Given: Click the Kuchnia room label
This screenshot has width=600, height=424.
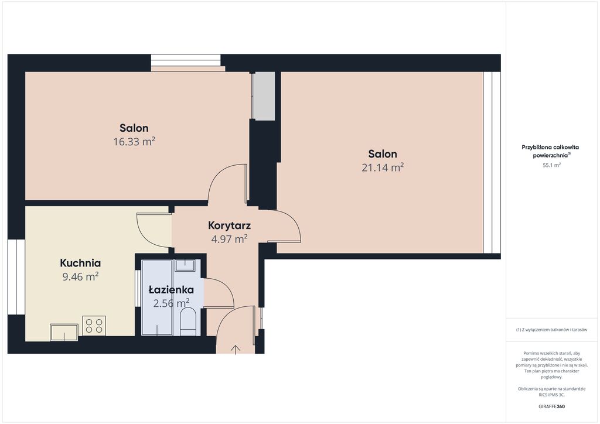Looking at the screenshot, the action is coord(80,263).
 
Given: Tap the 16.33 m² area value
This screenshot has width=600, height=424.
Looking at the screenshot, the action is coord(134,142).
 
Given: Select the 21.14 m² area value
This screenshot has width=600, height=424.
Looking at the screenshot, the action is coord(383,167).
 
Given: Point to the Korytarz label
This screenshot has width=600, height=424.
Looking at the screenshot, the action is coord(229,225).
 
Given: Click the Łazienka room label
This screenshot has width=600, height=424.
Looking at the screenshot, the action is coord(171,289).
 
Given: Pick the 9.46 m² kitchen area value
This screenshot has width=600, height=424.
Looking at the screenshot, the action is coord(80,276).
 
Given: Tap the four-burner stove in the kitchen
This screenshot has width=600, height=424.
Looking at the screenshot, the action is coord(94,326).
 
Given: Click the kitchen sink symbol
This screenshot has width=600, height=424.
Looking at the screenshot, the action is coord(64,332).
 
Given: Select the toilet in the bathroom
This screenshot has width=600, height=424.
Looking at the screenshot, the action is coord(188,322).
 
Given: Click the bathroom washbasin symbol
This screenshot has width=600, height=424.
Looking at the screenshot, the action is coord(185,265).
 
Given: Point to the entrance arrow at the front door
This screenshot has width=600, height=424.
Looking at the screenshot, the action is coord(236,350).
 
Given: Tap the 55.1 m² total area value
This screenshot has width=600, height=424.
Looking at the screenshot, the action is coord(551,165).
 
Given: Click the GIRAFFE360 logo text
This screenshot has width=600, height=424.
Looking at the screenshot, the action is coord(551,406).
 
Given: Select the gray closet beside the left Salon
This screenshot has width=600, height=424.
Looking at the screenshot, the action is coord(264,96).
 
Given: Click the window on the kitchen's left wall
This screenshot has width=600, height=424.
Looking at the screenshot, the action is coord(16,277).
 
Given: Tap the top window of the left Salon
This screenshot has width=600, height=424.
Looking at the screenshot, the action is coord(186,63).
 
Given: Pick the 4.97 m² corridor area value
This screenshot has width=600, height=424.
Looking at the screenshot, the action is coord(229,239).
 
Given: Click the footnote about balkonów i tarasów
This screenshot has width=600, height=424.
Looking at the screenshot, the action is coord(551,330).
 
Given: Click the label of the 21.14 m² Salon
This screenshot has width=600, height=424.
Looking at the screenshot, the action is coord(383,154).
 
